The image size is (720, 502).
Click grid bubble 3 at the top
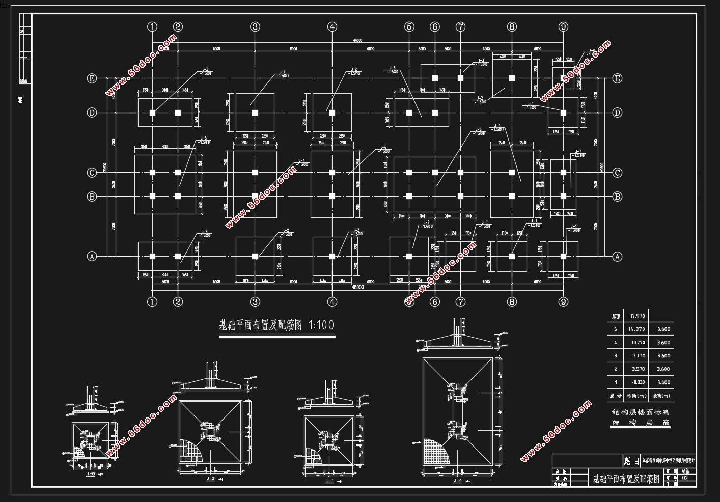(255, 26)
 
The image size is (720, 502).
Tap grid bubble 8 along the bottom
(512, 302)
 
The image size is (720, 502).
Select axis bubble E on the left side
(92, 78)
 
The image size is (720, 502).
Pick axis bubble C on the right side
(617, 173)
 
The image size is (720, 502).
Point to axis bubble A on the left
(92, 256)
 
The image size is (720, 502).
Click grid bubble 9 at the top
(563, 26)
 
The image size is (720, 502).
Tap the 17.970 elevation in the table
(638, 316)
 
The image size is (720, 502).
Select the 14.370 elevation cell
(638, 329)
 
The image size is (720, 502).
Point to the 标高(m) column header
(636, 395)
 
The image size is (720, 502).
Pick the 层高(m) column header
(662, 395)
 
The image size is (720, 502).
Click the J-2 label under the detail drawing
(210, 479)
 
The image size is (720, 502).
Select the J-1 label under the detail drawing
(329, 480)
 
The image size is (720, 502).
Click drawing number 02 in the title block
(685, 478)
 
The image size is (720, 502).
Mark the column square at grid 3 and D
(255, 113)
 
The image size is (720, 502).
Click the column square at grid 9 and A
(563, 256)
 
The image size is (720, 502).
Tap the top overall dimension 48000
(357, 40)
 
